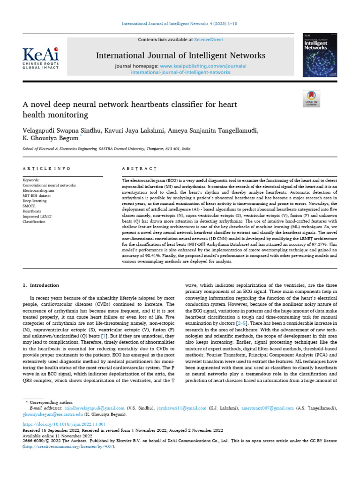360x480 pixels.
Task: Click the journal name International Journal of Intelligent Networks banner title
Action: click(x=180, y=56)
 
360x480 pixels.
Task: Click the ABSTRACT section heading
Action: click(x=139, y=168)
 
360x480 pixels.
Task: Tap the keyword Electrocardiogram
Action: click(x=38, y=190)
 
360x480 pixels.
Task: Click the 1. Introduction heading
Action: click(x=41, y=285)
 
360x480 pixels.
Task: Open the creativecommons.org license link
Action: click(x=68, y=446)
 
